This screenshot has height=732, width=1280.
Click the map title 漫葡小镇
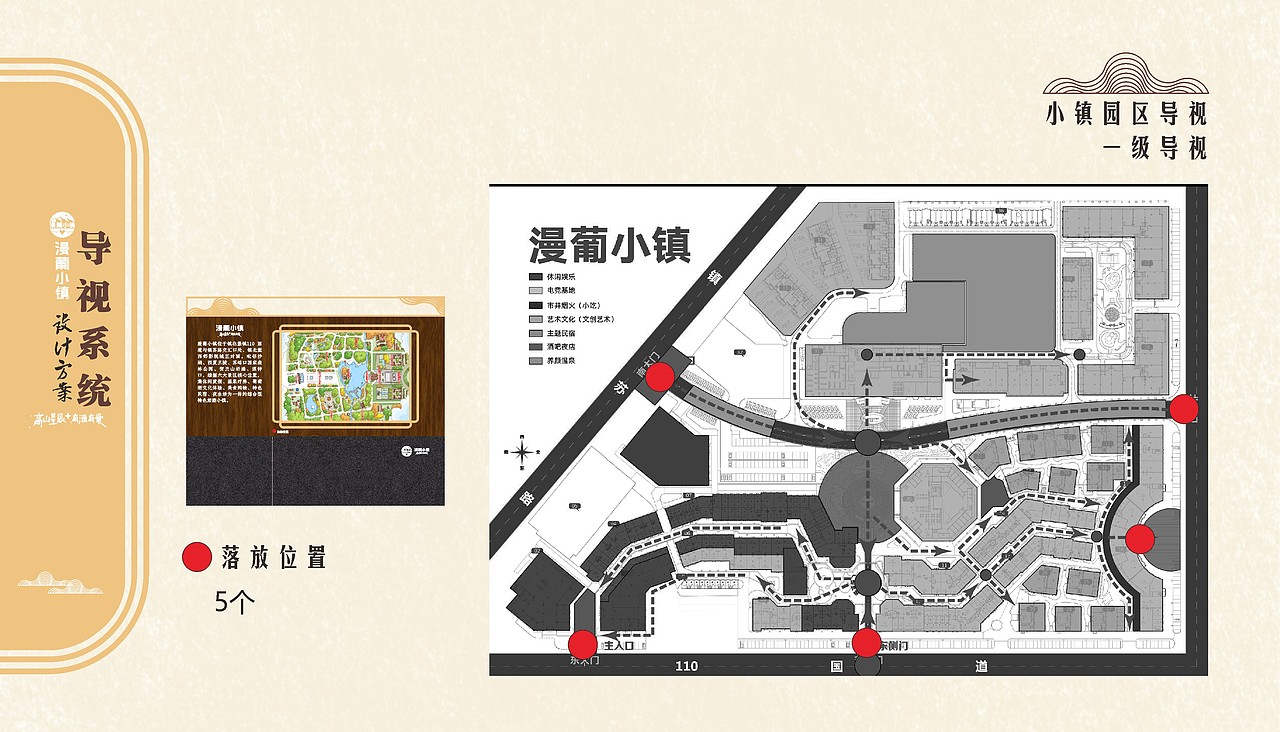coord(609,243)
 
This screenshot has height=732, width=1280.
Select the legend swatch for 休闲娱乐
coord(536,277)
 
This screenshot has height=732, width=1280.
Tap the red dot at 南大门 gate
coord(660,377)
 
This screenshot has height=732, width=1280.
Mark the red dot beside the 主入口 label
coord(582,645)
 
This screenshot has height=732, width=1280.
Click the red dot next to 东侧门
coord(867,643)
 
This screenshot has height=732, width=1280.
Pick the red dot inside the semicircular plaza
coord(1140,538)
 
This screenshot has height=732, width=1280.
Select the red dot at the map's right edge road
coord(1184,408)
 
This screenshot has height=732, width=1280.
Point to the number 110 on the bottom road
coord(686,666)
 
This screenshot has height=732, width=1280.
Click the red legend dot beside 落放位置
coord(198,558)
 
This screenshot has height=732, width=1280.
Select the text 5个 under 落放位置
coord(237,602)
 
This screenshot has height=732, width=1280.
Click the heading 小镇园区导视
coord(1126,113)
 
